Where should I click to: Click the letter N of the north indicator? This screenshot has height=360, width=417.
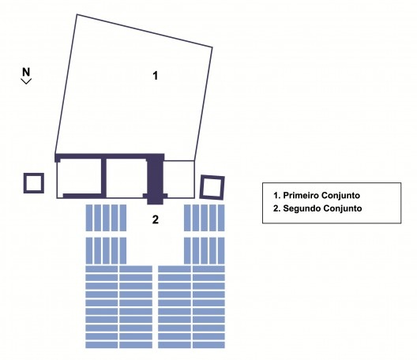click(x=26, y=72)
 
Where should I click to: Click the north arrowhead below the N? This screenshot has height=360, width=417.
click(x=26, y=81)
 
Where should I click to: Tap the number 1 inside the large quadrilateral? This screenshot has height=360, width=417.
click(x=156, y=76)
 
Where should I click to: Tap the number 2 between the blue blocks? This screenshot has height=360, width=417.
click(x=156, y=219)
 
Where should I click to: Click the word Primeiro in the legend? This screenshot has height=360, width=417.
click(x=301, y=196)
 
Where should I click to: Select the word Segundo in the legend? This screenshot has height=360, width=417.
click(x=301, y=208)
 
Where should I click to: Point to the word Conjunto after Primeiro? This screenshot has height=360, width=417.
click(x=340, y=196)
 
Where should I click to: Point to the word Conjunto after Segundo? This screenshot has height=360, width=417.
click(x=342, y=208)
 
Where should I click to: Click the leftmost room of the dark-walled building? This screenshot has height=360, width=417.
click(x=79, y=178)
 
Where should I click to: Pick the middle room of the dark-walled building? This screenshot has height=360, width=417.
click(x=126, y=178)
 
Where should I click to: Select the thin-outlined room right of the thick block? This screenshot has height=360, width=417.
click(x=178, y=179)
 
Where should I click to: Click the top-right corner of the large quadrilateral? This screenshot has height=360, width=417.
click(x=212, y=47)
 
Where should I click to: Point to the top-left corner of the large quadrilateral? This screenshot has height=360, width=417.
click(x=77, y=14)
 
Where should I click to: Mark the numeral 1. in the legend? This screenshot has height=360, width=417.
click(x=277, y=196)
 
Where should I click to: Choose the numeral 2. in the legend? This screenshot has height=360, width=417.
click(x=277, y=208)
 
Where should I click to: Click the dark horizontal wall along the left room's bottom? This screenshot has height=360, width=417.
click(x=82, y=196)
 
